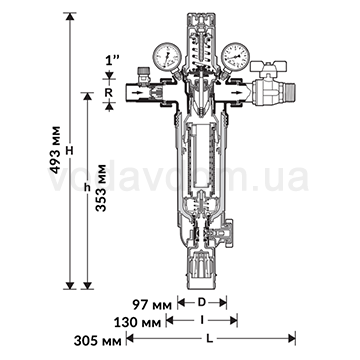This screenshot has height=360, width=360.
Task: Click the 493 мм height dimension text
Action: coord(56,150)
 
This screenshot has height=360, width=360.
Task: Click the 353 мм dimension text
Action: coord(100,188)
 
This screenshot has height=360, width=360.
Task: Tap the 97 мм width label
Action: coord(152,305)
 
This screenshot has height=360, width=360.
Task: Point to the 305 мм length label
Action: coord(97,341)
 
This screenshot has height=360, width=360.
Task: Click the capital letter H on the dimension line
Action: coord(69,151)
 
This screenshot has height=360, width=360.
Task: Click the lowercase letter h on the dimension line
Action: coord(87,188)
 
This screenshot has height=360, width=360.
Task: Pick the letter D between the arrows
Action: coord(202,303)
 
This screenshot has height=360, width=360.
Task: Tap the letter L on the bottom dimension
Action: coord(209,339)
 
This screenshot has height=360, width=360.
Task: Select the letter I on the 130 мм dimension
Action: coord(202,320)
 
